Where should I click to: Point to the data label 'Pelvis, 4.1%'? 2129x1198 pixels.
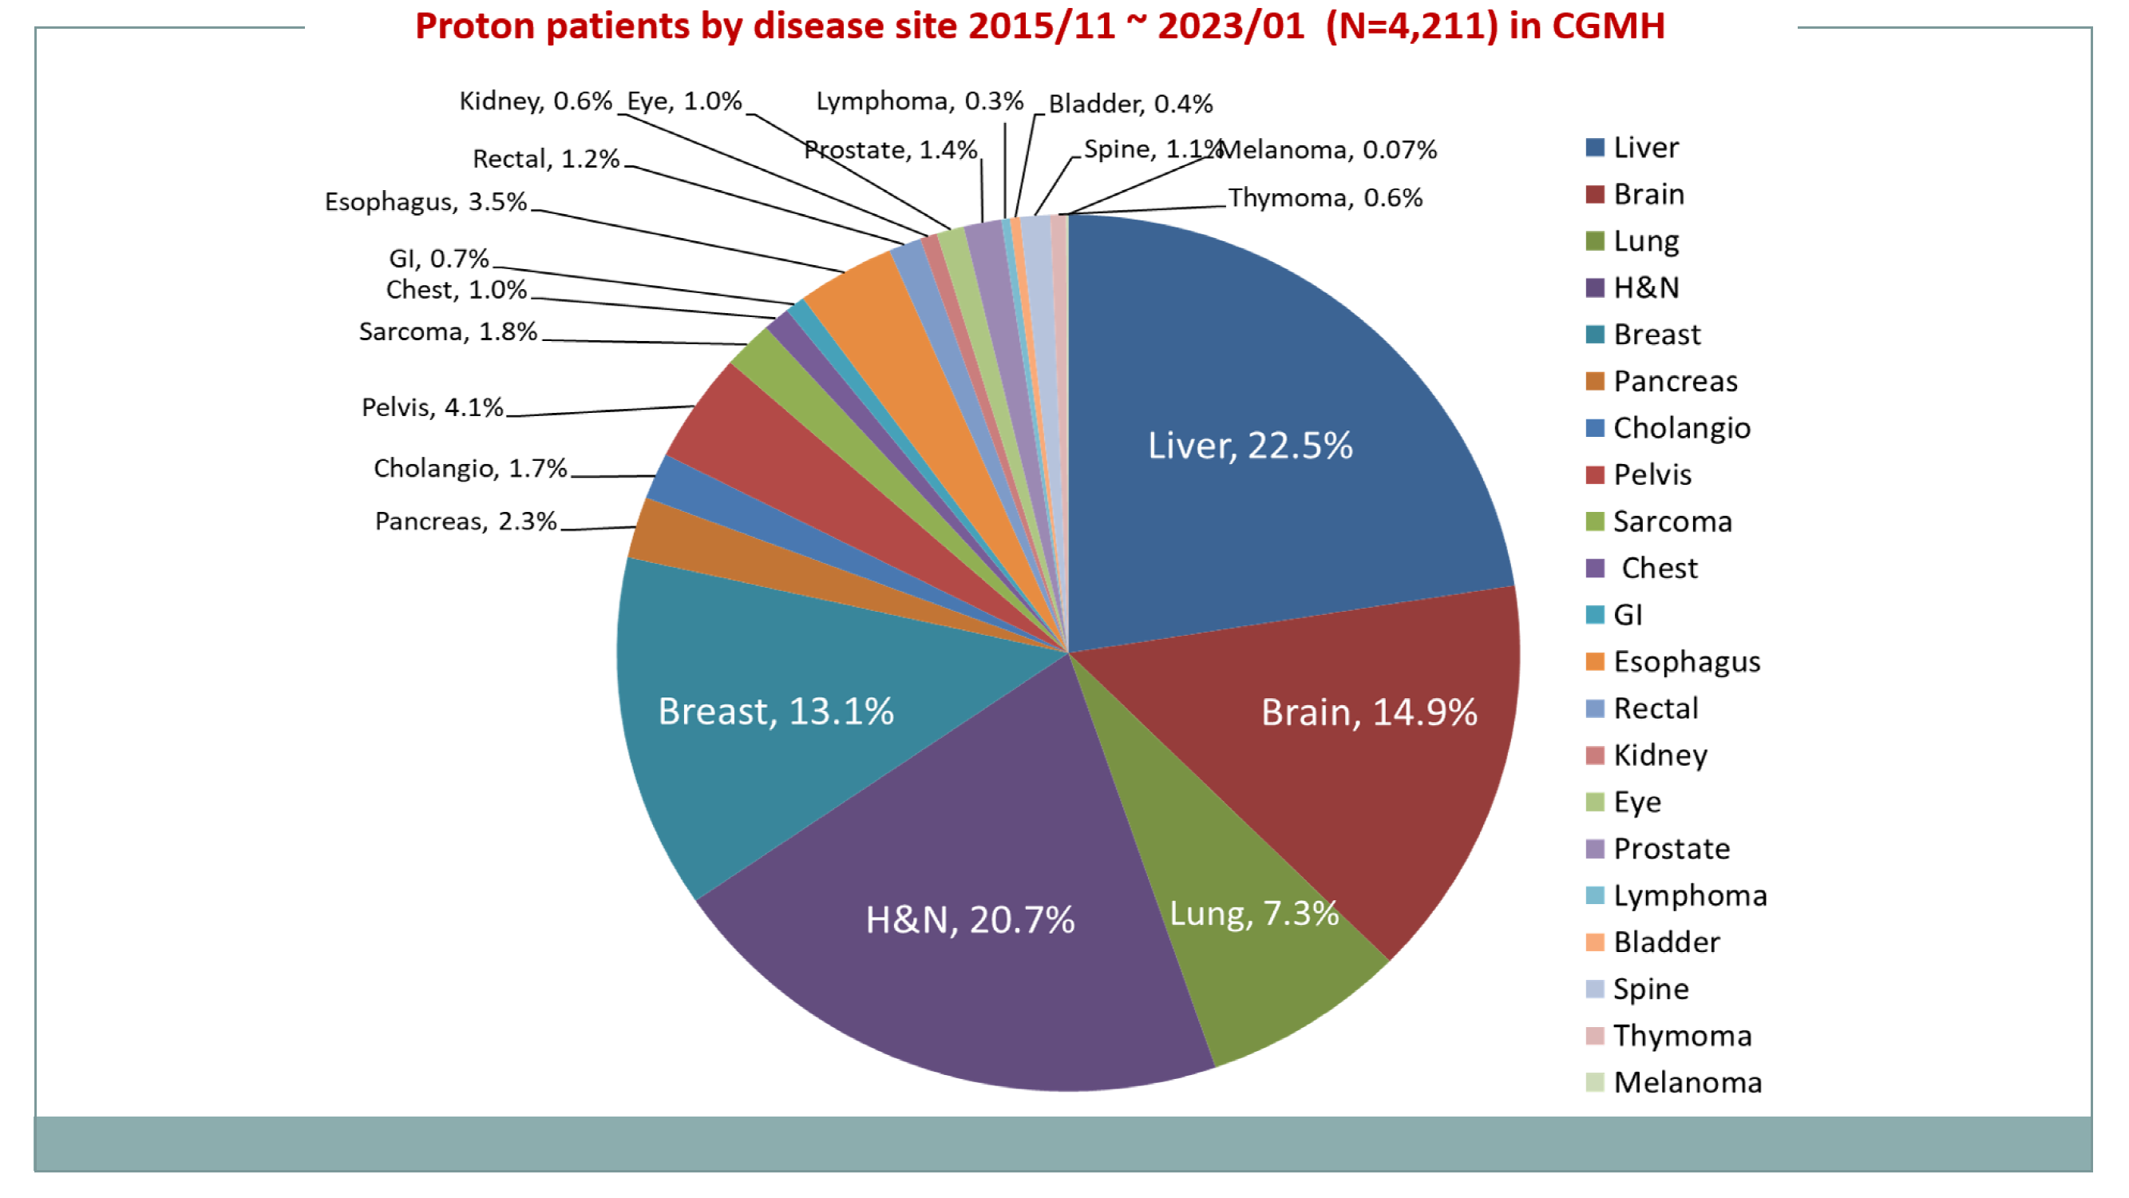click(432, 407)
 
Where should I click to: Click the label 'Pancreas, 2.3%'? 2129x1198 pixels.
click(465, 521)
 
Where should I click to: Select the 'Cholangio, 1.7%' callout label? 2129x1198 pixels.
click(470, 468)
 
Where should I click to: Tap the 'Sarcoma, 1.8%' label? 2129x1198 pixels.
click(448, 331)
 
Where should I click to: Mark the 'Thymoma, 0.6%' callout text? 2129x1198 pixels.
click(1325, 197)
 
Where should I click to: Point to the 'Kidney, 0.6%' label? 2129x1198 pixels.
click(536, 101)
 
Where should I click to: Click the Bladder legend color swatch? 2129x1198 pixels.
click(1595, 942)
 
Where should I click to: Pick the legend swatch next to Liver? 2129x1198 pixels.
click(1595, 148)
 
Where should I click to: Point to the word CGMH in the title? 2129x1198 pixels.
click(1608, 26)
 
